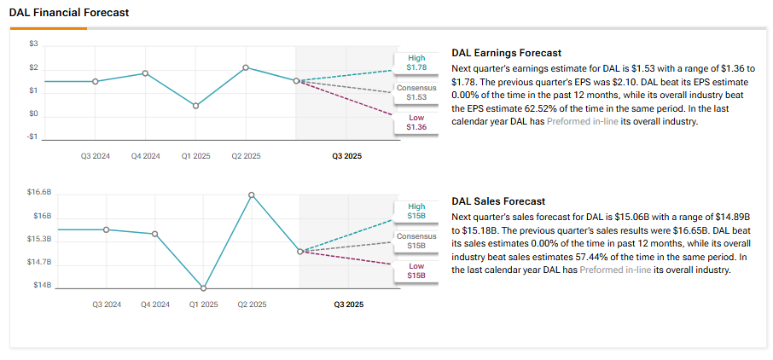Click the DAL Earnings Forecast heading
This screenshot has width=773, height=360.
(x=506, y=53)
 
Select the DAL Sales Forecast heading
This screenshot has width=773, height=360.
(x=497, y=201)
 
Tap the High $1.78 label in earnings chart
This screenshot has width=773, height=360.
(x=416, y=62)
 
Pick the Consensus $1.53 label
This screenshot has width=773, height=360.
(x=416, y=92)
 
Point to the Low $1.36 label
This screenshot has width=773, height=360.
(x=416, y=123)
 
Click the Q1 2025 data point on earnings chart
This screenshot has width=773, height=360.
(x=195, y=106)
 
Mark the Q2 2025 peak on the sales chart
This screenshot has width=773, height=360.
(x=251, y=195)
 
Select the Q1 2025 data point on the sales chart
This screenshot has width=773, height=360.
(x=203, y=288)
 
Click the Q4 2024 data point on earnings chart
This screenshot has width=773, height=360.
(x=145, y=73)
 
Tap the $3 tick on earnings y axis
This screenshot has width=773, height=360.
(x=33, y=44)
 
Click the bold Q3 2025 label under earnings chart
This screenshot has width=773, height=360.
(x=346, y=156)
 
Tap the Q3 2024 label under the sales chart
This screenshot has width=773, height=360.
(x=107, y=305)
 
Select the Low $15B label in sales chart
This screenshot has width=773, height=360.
(x=416, y=270)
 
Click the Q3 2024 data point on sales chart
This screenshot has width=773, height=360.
(x=106, y=229)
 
